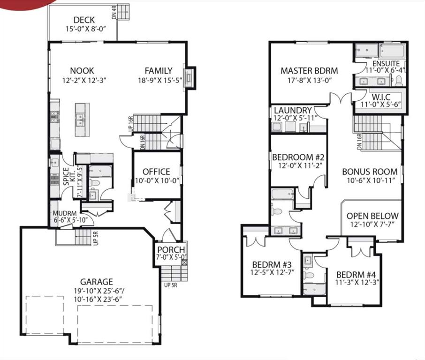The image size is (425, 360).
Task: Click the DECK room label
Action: point(84,20)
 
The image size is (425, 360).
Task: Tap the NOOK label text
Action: point(82,71)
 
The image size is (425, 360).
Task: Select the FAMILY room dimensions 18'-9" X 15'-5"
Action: point(160,80)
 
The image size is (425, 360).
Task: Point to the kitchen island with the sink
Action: point(82,120)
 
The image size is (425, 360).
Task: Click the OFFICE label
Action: point(156,172)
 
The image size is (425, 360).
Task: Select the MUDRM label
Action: point(65,213)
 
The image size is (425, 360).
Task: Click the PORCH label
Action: point(171,250)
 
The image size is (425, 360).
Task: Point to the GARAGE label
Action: point(97,282)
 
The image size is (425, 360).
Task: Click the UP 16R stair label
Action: point(131,124)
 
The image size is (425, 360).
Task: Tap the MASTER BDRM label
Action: point(309,71)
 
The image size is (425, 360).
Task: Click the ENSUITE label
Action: point(386,64)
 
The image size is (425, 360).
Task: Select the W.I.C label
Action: point(381,97)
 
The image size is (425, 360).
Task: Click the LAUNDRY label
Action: point(293,111)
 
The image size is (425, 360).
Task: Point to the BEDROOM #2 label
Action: point(298,157)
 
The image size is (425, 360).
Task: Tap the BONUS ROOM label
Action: point(370,172)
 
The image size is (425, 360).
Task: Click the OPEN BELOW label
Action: point(372,216)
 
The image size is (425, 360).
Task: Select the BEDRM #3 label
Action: point(272,264)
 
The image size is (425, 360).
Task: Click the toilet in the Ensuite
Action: point(398,81)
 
